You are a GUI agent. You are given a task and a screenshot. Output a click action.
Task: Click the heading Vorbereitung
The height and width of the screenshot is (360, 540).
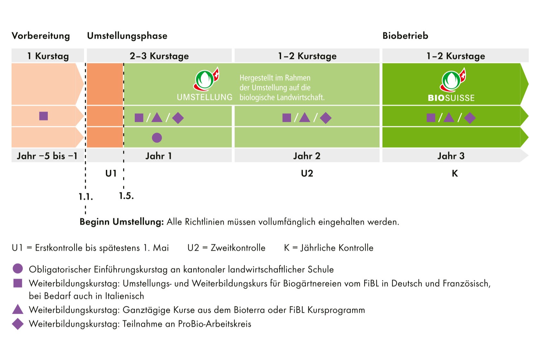point(41,36)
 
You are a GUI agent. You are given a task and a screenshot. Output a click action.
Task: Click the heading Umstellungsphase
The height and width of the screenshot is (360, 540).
point(127,36)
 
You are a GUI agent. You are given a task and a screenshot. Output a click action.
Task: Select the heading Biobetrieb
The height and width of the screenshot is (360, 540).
point(405,36)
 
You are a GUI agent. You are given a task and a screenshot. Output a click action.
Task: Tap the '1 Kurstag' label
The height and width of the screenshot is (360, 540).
point(48,56)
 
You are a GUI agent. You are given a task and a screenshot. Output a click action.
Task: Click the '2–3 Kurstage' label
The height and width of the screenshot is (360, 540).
point(159,56)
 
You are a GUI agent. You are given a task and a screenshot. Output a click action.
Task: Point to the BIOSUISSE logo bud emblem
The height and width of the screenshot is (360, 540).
point(453,80)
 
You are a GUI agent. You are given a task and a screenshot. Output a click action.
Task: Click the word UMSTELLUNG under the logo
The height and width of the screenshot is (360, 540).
point(204,97)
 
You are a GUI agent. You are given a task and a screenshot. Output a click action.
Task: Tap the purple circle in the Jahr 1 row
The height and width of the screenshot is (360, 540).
point(157,138)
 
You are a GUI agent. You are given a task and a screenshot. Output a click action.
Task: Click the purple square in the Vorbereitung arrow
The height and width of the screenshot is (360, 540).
point(44,116)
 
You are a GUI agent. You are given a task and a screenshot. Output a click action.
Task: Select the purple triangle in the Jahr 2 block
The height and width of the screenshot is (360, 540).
point(304,118)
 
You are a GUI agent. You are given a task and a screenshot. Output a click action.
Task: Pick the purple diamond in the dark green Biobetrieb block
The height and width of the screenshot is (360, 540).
point(470,118)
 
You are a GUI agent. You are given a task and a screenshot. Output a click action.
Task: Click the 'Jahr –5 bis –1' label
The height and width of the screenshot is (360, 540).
point(47,156)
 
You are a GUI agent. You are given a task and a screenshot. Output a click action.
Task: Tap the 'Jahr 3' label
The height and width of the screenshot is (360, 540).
point(451,156)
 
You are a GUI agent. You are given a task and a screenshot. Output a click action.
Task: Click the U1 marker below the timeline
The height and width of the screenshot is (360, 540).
point(111,174)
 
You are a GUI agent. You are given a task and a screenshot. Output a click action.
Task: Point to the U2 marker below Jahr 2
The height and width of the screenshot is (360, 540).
point(307,174)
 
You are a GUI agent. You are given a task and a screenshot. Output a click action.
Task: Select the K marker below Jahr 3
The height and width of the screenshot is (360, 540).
point(455,174)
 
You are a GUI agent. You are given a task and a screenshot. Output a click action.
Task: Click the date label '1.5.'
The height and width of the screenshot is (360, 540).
point(126,196)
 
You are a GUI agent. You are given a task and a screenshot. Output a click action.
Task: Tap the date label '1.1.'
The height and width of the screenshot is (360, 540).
point(86,197)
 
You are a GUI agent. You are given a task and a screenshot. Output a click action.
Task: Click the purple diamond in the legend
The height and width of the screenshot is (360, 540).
point(18,324)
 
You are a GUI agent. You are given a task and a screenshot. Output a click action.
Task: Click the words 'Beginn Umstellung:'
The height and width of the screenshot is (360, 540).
point(122,222)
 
